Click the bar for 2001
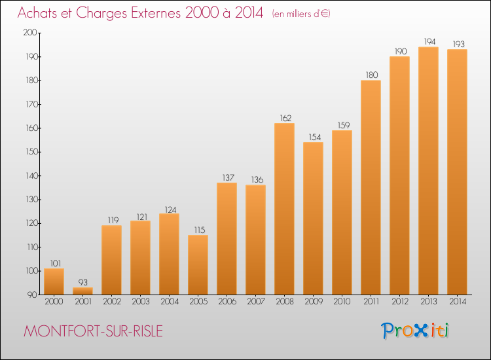coord(82,291)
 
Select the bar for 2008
coord(284,209)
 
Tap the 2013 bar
coord(428,171)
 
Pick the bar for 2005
coord(198,265)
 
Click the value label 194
coord(429,41)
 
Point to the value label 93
coord(82,282)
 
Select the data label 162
coord(285,118)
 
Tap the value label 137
coord(228,177)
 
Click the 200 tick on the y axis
coord(30,33)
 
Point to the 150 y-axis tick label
coord(31,152)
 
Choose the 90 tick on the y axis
coord(32,295)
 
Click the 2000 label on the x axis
coord(54,301)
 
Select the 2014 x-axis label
coord(458,301)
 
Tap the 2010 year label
coord(342,301)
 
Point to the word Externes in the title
coord(156,12)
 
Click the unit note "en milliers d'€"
coord(301,14)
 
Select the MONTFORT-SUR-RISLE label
coord(94,331)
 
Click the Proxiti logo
coord(415,331)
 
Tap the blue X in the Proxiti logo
coord(421,331)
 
